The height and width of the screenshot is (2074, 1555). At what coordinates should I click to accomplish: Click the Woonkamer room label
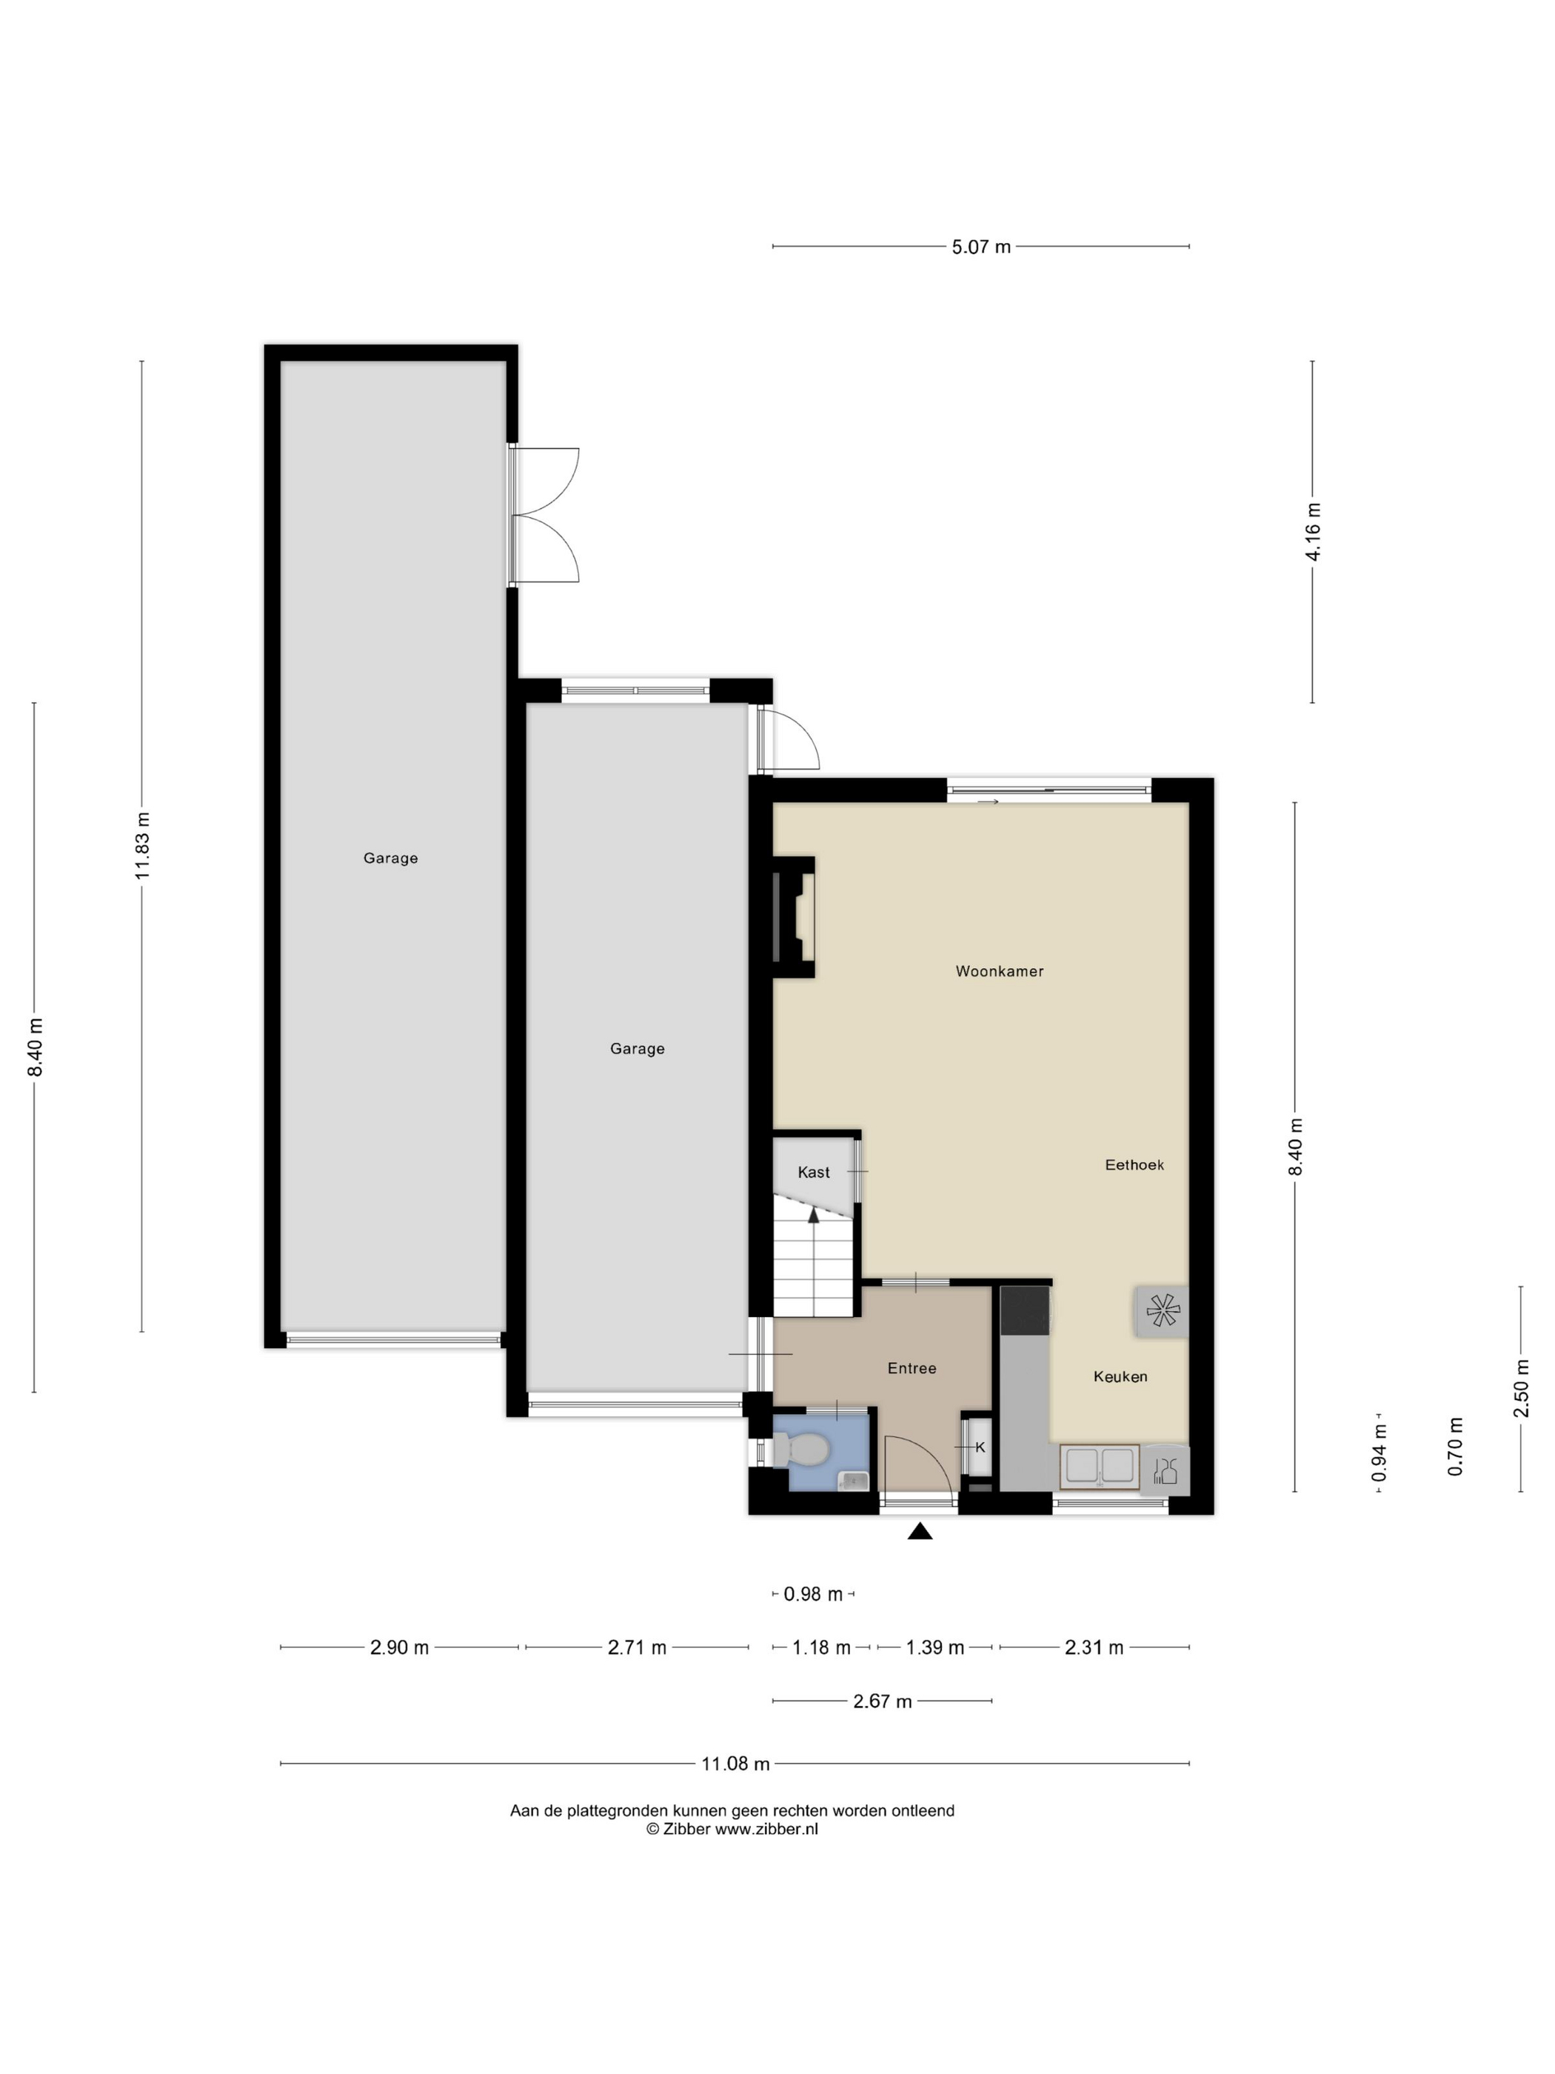999,971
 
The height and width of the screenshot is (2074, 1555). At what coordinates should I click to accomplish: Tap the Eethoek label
1134,1164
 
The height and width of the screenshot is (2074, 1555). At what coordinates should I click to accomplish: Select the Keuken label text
1120,1376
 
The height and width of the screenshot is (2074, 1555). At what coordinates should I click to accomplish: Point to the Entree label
912,1368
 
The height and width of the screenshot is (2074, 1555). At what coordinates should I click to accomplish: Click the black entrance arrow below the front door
920,1531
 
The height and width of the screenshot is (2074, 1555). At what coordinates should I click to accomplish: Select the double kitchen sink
1099,1467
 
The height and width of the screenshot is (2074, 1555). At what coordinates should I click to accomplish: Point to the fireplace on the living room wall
793,917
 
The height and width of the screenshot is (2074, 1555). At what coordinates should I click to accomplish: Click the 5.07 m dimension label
981,247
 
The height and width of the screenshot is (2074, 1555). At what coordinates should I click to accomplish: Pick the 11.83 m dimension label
142,846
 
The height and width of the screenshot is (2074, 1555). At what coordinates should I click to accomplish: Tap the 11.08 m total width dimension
736,1764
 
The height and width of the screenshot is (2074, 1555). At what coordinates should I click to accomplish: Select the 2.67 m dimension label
882,1701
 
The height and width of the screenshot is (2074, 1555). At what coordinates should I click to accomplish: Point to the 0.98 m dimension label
812,1594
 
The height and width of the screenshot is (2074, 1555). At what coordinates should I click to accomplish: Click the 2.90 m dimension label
399,1647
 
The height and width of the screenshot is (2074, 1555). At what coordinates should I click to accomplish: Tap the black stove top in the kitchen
1026,1310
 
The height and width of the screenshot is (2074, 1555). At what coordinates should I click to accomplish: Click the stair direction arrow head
814,1216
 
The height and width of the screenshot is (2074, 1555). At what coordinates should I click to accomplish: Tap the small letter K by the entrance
980,1447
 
